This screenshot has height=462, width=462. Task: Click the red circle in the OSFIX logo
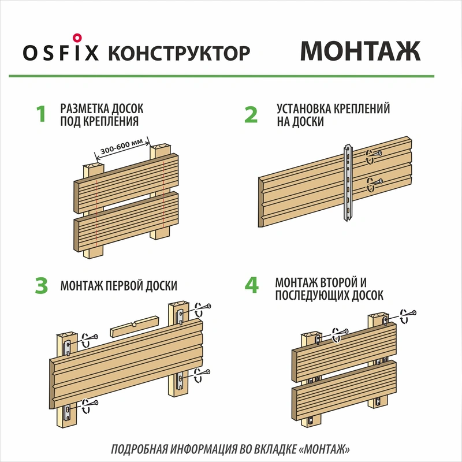coord(77,38)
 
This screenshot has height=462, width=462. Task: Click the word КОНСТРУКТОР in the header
coord(179,53)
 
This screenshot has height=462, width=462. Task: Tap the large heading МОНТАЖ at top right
coord(360,51)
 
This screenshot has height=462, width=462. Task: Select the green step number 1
coord(41,114)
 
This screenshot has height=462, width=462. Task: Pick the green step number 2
coord(251,114)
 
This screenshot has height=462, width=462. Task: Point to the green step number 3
coord(41,285)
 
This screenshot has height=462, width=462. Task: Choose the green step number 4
coord(252,285)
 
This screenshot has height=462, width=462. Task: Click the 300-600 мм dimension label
coord(121,147)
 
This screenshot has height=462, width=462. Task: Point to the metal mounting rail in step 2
coord(348,182)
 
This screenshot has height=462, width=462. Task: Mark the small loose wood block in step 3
coord(135,326)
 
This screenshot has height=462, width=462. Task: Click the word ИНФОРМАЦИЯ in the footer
coord(204,449)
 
